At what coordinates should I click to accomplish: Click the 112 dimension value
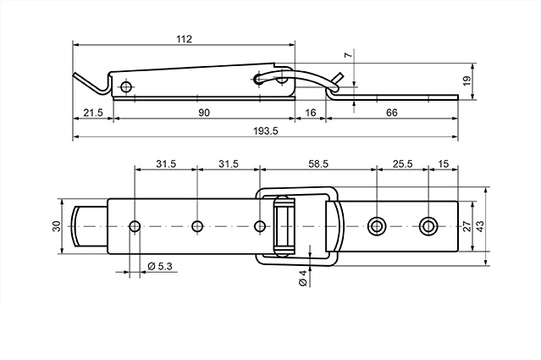[184, 39]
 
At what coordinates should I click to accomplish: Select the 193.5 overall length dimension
[265, 131]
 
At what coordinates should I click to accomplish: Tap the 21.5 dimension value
[93, 113]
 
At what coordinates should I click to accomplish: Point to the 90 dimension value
[204, 113]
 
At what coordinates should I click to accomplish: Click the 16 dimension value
[311, 113]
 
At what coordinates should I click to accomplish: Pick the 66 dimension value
[392, 113]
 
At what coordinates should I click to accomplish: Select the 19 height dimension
[466, 81]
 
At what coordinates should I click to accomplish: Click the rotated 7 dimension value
[349, 54]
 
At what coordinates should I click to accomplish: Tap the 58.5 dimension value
[318, 163]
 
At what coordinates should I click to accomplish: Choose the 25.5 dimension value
[402, 163]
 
